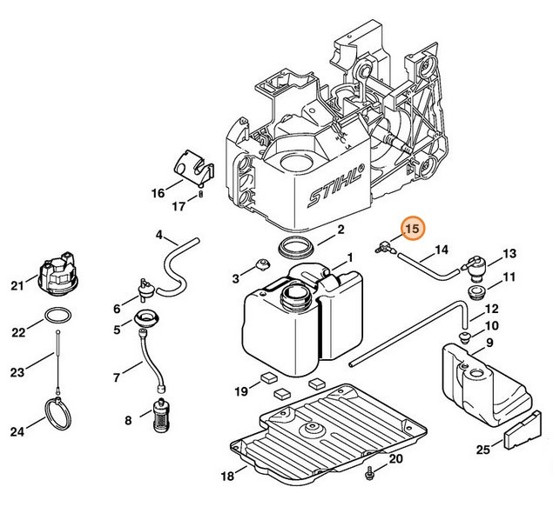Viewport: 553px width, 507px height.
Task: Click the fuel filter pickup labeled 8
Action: pos(159,417)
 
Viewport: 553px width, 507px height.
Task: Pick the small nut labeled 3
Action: pos(259,264)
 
